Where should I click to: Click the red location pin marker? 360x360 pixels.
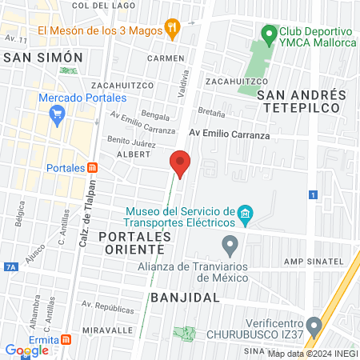pos(181,164)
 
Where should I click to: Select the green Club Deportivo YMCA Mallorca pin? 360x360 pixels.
pos(268,35)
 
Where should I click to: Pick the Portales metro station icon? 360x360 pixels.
pos(93,168)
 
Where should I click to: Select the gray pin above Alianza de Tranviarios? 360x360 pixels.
pos(230,244)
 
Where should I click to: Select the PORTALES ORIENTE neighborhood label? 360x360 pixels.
pos(135,245)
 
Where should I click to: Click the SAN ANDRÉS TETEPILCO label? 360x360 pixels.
pos(302,102)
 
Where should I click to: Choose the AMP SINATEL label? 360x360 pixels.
pos(319,262)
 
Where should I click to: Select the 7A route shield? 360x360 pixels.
pos(10,266)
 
